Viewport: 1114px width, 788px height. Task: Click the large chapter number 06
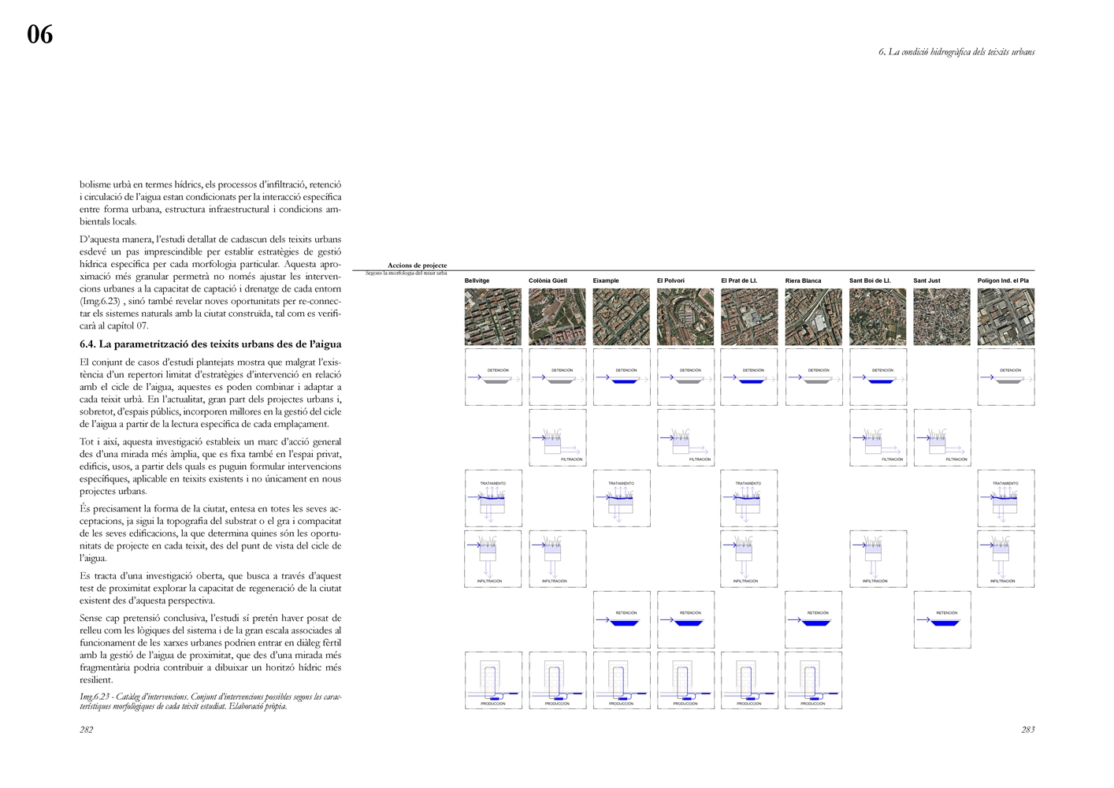pos(40,35)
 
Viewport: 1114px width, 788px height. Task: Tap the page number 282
pos(87,730)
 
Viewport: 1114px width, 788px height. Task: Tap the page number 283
pos(1027,730)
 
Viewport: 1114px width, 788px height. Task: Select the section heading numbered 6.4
pos(210,344)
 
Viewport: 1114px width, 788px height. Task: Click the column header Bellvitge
pos(477,281)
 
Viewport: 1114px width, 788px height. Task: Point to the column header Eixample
pos(606,281)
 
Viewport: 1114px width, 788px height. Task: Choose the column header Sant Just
pos(926,281)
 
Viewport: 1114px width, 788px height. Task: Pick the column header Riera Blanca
pos(803,281)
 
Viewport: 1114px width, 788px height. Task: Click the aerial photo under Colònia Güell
pos(557,317)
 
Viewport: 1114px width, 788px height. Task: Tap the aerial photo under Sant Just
pos(941,317)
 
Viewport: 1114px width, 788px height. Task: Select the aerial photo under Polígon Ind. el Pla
pos(1006,317)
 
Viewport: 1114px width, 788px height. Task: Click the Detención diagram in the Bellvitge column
pos(493,377)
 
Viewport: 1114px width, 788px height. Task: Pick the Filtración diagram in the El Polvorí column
pos(685,438)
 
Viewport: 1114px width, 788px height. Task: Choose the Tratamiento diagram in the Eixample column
pos(622,499)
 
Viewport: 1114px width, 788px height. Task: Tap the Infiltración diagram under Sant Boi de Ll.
pos(878,559)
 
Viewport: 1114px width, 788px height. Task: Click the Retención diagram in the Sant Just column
pos(941,620)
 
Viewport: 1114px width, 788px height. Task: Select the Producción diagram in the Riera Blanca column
pos(814,681)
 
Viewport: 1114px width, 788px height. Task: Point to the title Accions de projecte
pos(417,266)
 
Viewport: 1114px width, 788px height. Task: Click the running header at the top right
pos(956,52)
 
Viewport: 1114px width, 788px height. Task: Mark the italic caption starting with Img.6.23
pos(210,701)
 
